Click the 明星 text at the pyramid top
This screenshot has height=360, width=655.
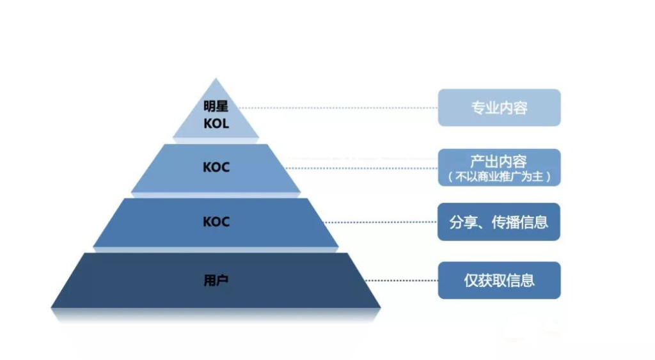(216, 106)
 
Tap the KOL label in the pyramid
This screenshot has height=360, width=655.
(216, 123)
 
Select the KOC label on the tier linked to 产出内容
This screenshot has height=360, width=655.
(216, 168)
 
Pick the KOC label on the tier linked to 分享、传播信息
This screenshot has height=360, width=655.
(216, 222)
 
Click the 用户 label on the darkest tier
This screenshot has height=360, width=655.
(216, 280)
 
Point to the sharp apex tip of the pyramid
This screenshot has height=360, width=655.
(216, 78)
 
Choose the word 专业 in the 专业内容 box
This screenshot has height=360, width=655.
(485, 108)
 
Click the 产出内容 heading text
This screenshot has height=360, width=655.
(499, 161)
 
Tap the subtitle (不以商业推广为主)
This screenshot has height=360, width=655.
(499, 176)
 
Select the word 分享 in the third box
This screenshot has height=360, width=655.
(463, 222)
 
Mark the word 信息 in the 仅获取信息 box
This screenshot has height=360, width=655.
(521, 280)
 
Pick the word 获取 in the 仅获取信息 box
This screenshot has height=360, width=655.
(492, 280)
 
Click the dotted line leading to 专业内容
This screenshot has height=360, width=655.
(339, 108)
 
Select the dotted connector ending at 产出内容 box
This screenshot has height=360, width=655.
(361, 168)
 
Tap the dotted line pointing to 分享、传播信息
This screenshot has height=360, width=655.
(381, 222)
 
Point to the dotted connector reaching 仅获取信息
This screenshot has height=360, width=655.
(402, 280)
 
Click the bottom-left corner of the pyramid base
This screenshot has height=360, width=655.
(51, 308)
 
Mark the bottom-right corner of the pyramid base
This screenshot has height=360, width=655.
(381, 308)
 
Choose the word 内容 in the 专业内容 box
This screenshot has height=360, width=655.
(514, 108)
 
